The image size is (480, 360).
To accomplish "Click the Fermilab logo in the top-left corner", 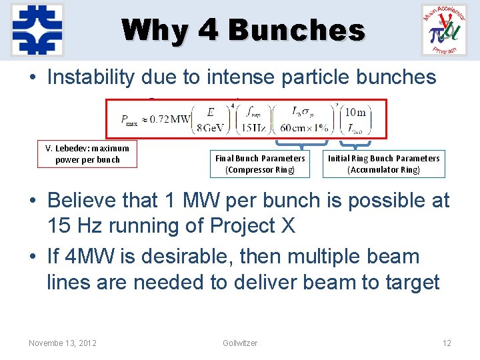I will pos(37,29).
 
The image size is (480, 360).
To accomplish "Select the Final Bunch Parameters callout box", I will pos(260,164).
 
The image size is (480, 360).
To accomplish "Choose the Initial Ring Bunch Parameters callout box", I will pos(383,164).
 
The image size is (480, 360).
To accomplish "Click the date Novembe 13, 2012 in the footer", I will pos(63,343).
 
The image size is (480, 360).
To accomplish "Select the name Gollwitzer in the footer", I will pos(240,343).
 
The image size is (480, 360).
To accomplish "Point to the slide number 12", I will pos(447,343).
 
